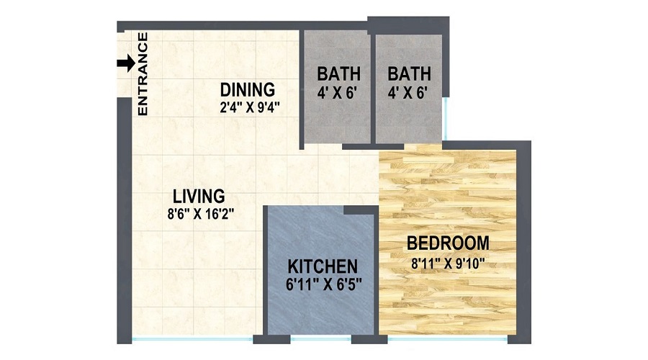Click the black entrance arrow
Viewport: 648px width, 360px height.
[x=125, y=64]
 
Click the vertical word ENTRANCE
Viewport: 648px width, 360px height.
[x=143, y=74]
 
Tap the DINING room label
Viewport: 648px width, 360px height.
[x=248, y=90]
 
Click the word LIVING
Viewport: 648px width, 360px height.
[x=199, y=196]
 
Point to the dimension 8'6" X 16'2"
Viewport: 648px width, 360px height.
[x=201, y=213]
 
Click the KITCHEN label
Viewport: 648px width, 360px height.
[x=322, y=265]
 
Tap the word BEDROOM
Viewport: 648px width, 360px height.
[x=448, y=243]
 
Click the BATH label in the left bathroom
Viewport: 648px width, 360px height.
[x=339, y=74]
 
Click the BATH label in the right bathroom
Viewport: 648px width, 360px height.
[x=409, y=74]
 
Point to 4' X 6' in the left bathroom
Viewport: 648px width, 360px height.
[x=339, y=92]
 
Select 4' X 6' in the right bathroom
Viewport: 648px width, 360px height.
[x=409, y=92]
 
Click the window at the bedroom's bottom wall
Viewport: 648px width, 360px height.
[x=444, y=338]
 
